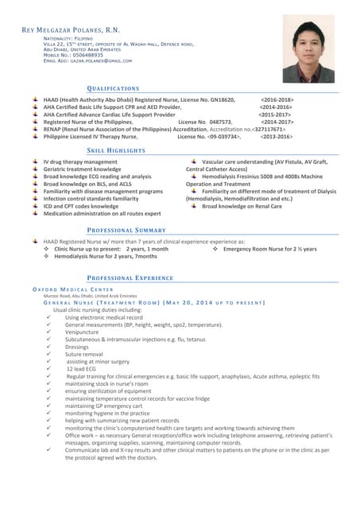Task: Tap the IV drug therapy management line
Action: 80,162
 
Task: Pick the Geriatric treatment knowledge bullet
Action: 82,169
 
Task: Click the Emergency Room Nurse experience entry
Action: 269,249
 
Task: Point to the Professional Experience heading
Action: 129,278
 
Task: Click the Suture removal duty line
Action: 84,354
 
